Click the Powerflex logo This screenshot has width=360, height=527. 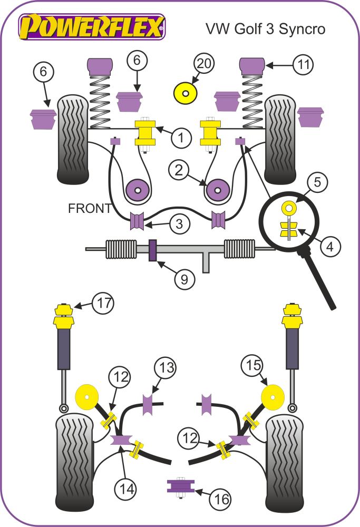pos(92,26)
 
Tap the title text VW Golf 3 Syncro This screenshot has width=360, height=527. pos(265,28)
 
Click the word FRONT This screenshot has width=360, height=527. pos(90,209)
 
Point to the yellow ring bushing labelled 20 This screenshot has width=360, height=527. pos(185,94)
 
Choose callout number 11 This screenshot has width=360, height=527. pos(303,65)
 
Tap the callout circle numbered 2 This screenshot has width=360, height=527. pos(180,170)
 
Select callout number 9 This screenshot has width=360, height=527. pos(184,278)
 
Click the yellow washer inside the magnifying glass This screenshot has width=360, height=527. pos(288,207)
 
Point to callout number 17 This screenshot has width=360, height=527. pos(103,303)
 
